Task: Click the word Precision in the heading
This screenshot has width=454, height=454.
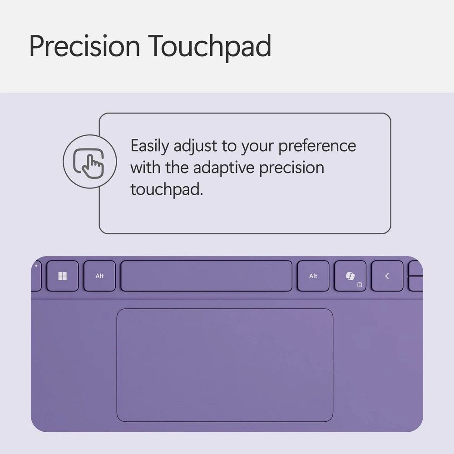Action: pos(84,46)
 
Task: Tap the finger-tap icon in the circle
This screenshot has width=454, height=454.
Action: pos(89,162)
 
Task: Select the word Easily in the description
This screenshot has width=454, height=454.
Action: pos(150,146)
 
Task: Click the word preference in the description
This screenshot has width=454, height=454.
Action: pos(317,146)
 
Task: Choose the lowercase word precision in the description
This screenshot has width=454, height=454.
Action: pos(291,168)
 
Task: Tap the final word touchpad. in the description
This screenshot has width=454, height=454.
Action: pos(167,189)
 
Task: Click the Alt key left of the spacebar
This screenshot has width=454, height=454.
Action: pos(99,276)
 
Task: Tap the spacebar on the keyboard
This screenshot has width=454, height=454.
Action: pos(206,276)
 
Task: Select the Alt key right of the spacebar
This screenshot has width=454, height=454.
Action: pos(313,276)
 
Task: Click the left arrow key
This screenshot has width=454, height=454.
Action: pos(387,276)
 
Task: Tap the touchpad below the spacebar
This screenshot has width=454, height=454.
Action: pos(225,365)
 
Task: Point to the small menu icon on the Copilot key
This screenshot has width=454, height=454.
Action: pos(360,285)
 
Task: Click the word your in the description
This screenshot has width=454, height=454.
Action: pos(257,146)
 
